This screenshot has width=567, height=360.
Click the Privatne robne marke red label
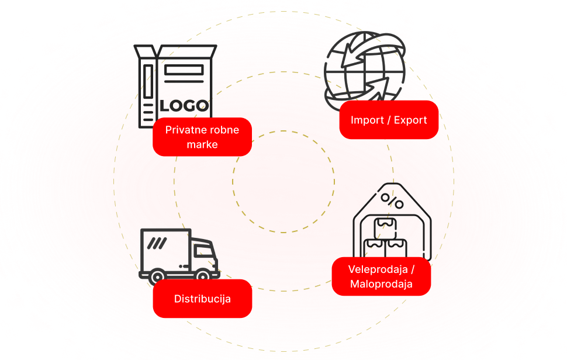[x=202, y=137]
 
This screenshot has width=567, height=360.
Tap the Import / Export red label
[x=389, y=120]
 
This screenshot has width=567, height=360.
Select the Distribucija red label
[x=202, y=299]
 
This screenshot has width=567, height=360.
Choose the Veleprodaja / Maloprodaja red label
[x=381, y=276]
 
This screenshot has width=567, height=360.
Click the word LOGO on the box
[x=184, y=106]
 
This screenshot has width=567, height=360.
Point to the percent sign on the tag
[x=392, y=200]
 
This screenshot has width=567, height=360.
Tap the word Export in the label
[x=410, y=120]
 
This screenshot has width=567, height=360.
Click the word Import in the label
[x=367, y=120]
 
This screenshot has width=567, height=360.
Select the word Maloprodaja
[x=381, y=284]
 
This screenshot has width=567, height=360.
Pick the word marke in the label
[x=202, y=144]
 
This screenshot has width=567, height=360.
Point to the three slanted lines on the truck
[x=157, y=241]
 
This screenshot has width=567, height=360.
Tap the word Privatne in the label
[x=184, y=129]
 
